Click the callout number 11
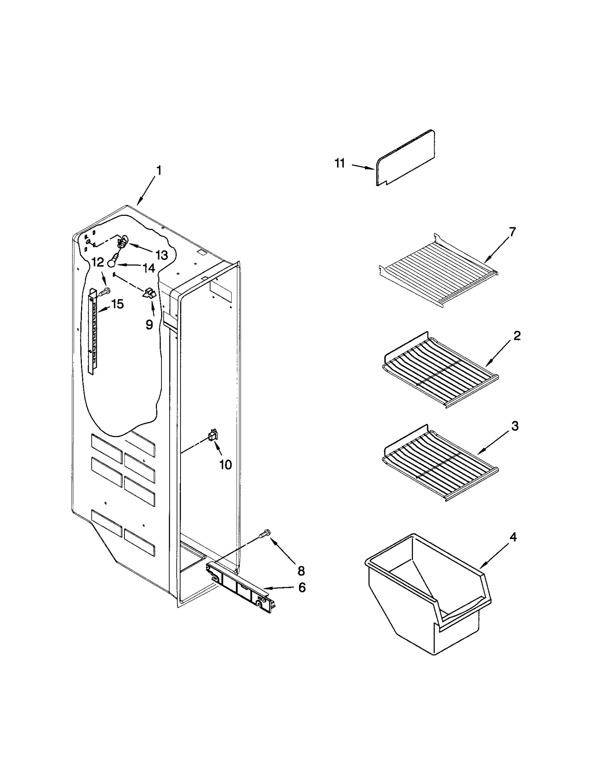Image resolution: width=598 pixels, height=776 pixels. [x=339, y=164]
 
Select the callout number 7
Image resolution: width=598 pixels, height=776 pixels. [x=512, y=232]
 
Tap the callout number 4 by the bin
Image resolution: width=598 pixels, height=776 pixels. [x=513, y=537]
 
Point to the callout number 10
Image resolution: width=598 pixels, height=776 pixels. [x=225, y=464]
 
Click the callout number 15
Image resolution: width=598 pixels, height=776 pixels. [x=117, y=304]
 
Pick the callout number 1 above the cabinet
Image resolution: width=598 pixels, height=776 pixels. [x=159, y=171]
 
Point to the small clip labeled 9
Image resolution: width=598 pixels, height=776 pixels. [x=149, y=293]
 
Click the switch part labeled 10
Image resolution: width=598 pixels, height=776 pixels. [x=213, y=435]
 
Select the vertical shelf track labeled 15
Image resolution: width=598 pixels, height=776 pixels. [x=93, y=331]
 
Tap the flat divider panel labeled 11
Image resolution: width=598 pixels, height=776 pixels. [x=406, y=159]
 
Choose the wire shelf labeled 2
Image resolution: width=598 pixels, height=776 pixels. [x=439, y=374]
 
